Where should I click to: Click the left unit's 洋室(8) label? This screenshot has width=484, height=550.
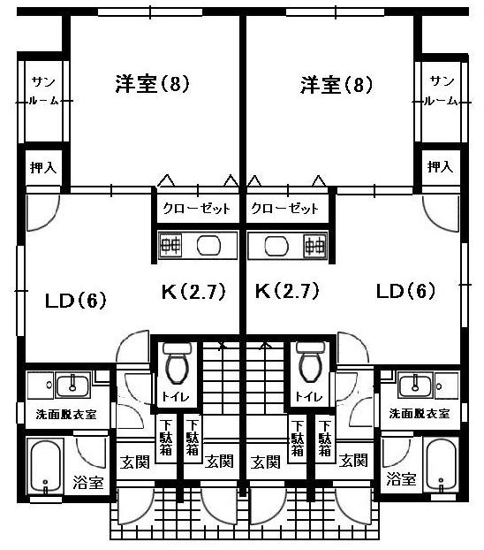[x=153, y=83]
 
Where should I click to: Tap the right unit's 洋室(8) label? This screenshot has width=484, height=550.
[x=337, y=85]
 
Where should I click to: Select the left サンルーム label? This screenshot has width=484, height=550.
[x=44, y=91]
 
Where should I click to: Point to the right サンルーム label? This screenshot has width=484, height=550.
[x=441, y=91]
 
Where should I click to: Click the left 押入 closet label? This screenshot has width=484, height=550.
[x=43, y=167]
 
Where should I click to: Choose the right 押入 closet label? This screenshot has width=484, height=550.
[x=440, y=166]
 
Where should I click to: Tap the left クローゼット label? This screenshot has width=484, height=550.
[x=197, y=209]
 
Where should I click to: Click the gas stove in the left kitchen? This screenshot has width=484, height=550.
[x=170, y=245]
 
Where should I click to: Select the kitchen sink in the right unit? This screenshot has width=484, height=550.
[x=276, y=245]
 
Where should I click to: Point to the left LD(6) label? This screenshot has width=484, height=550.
[x=76, y=301]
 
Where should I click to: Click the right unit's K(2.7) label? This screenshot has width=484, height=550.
[x=287, y=291]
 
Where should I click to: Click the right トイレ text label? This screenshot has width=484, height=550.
[x=308, y=396]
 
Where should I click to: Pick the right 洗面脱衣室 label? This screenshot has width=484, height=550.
[x=420, y=414]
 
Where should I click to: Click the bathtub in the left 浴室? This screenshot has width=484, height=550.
[x=46, y=466]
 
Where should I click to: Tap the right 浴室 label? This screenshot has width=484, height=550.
[x=402, y=478]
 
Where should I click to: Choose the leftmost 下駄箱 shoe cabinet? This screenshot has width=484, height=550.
[x=166, y=438]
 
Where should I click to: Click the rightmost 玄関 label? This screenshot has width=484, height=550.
[x=353, y=461]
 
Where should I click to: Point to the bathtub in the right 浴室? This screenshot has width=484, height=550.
[x=441, y=465]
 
